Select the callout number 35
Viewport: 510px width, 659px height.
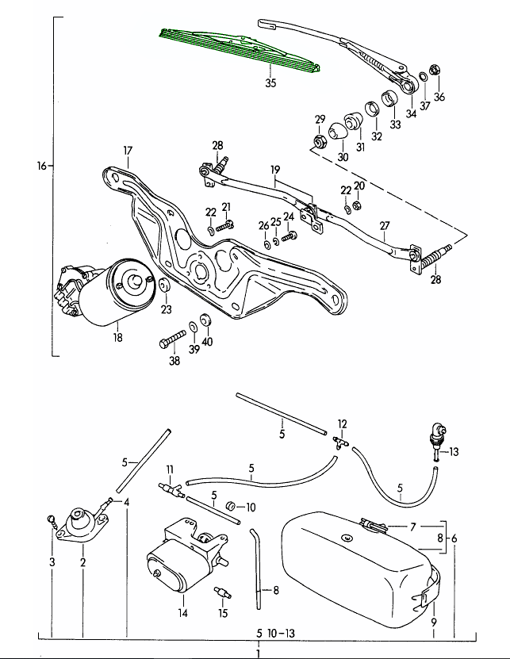(270, 82)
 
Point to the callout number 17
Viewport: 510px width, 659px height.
(128, 151)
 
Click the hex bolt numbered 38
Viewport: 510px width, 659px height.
(173, 339)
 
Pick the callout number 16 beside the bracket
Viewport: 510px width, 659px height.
(41, 166)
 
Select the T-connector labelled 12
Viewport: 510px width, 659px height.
(341, 442)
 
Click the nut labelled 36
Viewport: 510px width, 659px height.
(435, 69)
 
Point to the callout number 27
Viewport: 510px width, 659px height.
(385, 226)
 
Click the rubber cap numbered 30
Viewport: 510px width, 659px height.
(339, 131)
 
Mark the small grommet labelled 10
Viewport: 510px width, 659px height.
(231, 506)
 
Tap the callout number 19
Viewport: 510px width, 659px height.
(275, 170)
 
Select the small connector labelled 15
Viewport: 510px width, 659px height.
(222, 593)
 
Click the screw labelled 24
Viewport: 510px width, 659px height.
(290, 236)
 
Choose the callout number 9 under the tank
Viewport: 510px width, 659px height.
(434, 622)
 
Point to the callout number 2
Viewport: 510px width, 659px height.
(82, 562)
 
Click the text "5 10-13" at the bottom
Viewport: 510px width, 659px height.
(276, 634)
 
